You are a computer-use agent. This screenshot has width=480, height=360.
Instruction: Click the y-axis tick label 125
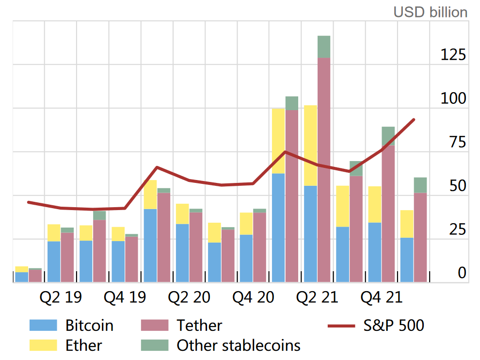[x=453, y=55]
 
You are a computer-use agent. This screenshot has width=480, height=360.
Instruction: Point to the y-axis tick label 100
[x=453, y=99]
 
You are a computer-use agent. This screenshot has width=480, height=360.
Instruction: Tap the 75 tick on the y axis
[x=457, y=143]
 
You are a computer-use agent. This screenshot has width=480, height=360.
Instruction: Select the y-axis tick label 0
[x=462, y=274]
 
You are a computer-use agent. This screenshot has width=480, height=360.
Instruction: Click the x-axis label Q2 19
[x=61, y=297]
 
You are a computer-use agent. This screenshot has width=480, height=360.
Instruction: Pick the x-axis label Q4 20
[x=253, y=297]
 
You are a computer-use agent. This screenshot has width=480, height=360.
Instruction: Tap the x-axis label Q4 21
[x=382, y=297]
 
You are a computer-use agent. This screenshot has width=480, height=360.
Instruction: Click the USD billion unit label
[x=430, y=12]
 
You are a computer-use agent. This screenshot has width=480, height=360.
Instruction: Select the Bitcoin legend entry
[x=89, y=326]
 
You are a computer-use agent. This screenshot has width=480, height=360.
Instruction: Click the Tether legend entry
[x=199, y=326]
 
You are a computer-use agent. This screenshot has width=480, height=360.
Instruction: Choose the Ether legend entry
[x=83, y=345]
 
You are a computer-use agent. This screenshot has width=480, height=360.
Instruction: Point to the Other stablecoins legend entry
[x=238, y=345]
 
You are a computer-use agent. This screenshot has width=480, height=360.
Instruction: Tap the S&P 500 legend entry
[x=394, y=326]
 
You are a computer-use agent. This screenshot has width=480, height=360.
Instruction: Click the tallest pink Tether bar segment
[x=324, y=170]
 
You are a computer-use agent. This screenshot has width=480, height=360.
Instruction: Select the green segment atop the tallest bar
[x=324, y=47]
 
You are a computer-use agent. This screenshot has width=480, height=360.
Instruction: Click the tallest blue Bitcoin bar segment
[x=278, y=228]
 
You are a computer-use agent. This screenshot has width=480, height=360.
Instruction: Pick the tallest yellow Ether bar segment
[x=310, y=146]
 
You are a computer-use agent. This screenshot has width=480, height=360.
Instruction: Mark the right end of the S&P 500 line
[x=414, y=119]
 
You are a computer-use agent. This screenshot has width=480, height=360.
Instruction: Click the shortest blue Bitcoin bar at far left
[x=21, y=277]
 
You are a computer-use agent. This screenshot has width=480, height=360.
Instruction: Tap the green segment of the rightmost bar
[x=420, y=185]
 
